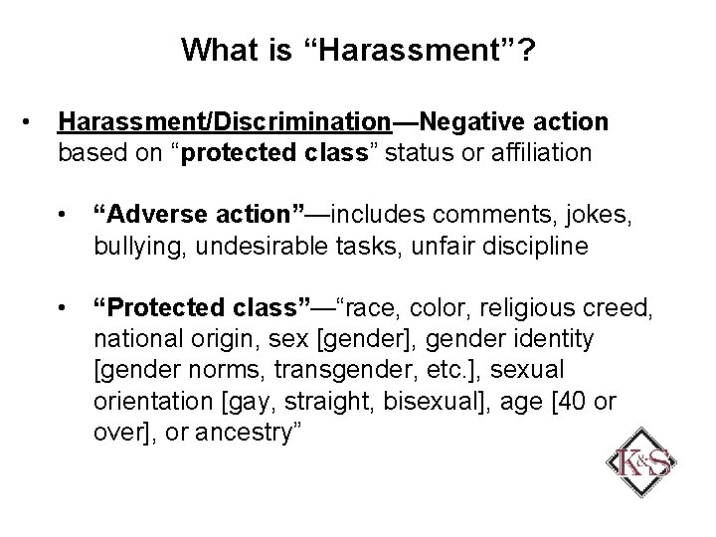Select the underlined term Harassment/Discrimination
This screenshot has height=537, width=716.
coord(225,122)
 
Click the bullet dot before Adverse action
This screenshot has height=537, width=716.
coord(64,212)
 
